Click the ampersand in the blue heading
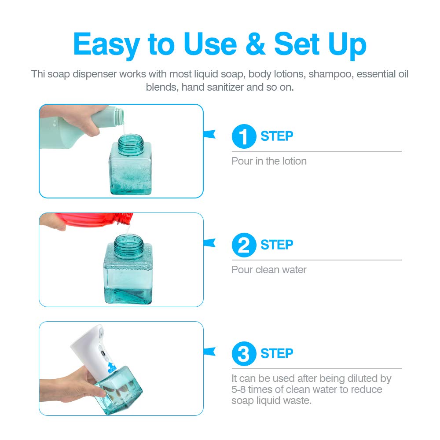255,44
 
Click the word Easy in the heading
106,45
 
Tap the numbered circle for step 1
244,136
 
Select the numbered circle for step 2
244,245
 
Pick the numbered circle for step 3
244,354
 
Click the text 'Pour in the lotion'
269,161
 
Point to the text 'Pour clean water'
269,270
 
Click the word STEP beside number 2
277,245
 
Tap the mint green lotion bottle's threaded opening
119,116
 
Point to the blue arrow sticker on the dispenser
111,367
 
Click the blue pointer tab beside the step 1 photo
209,134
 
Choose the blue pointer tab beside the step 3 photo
209,351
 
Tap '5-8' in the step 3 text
238,389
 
